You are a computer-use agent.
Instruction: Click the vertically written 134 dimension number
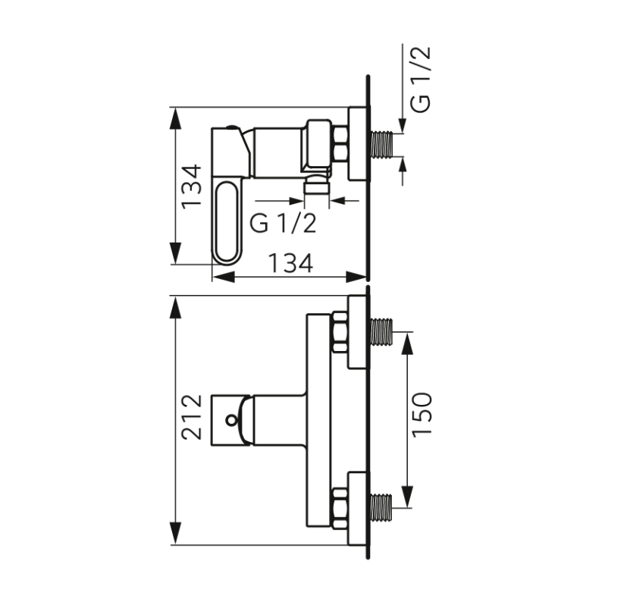click(x=192, y=186)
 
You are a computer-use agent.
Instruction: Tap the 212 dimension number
click(x=192, y=416)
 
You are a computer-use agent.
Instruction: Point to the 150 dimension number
click(x=422, y=414)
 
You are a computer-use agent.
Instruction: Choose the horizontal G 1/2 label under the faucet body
click(x=282, y=223)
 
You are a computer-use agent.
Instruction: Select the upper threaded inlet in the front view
click(x=382, y=331)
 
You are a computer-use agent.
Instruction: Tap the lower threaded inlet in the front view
click(x=382, y=507)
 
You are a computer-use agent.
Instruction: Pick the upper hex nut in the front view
click(x=340, y=332)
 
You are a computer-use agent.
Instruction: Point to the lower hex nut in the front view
click(x=340, y=506)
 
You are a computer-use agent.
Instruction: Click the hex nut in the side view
click(x=340, y=144)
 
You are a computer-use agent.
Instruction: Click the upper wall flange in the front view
click(x=358, y=332)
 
